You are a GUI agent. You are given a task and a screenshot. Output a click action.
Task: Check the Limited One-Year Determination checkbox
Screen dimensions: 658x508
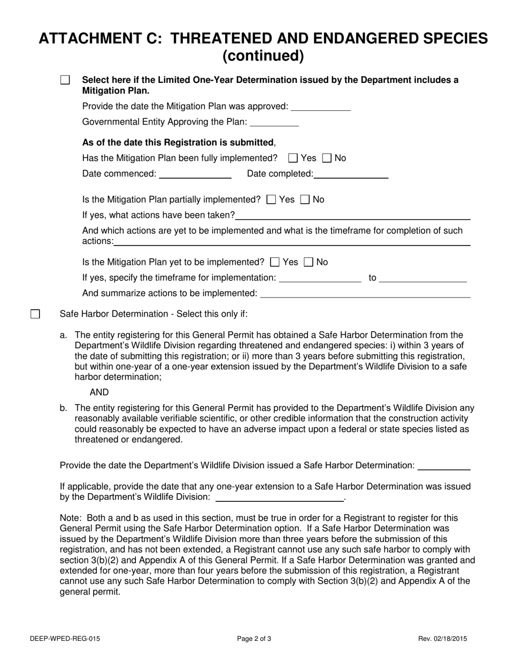pos(65,80)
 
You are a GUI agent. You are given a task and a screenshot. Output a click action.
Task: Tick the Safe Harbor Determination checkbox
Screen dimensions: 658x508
pos(35,314)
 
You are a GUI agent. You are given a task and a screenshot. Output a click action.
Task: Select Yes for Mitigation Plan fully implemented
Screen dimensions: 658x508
pos(293,158)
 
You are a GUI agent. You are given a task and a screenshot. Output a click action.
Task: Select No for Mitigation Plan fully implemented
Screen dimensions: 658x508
pos(327,158)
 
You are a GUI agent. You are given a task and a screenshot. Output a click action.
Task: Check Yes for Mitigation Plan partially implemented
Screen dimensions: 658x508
pos(271,200)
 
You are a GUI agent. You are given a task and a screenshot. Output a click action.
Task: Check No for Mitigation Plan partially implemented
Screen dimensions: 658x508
pos(305,200)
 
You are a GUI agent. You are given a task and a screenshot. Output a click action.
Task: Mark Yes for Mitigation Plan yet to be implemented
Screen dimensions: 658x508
pos(275,263)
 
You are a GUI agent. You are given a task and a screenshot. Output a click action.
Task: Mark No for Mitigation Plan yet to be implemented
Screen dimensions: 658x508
pos(309,263)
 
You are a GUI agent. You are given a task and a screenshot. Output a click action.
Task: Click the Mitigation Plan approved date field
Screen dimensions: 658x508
pos(320,106)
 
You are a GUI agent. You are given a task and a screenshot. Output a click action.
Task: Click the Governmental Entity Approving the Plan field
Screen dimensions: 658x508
pos(274,123)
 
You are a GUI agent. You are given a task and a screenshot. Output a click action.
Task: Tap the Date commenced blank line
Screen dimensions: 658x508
pos(195,174)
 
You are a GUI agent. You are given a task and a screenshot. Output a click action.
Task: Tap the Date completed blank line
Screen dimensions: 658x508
pos(351,174)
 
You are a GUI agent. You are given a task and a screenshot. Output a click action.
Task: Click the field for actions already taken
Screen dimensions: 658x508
pos(352,216)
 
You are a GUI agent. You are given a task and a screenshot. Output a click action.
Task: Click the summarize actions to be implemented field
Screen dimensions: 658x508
pos(365,294)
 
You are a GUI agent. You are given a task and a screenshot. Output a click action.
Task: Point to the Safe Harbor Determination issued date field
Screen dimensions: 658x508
pos(444,466)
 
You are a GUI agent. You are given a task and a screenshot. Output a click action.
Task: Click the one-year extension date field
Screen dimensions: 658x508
pos(279,498)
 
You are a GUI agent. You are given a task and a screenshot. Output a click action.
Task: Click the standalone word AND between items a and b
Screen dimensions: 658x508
pos(99,393)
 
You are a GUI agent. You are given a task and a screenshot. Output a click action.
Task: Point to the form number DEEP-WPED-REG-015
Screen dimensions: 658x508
pos(65,638)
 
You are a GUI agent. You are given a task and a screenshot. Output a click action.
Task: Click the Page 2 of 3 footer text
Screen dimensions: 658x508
pos(255,638)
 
